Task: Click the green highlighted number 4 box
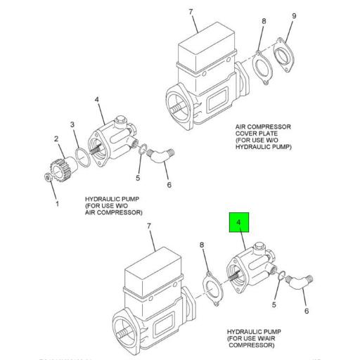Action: (x=238, y=223)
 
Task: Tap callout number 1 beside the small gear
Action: (x=58, y=205)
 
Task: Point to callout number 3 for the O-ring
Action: (x=72, y=124)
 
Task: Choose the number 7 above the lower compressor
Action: (x=148, y=226)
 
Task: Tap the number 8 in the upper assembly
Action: (x=264, y=22)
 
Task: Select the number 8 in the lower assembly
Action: (x=202, y=245)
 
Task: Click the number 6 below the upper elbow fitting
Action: (x=169, y=185)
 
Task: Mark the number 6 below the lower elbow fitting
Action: (x=306, y=311)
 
